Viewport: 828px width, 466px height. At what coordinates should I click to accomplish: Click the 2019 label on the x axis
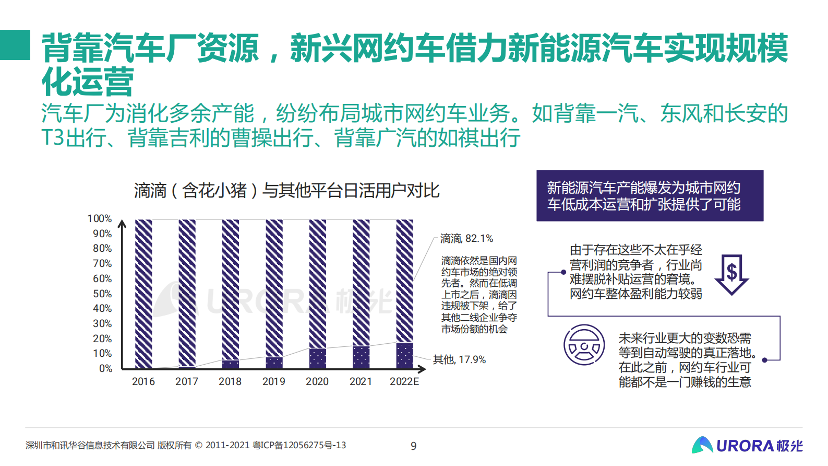(273, 381)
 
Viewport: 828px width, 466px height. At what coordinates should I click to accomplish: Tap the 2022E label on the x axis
(404, 381)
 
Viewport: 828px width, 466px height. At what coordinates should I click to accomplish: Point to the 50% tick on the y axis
(102, 294)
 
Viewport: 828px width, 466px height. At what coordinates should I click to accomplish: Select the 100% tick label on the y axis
(99, 218)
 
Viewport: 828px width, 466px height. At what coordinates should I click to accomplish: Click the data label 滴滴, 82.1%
(466, 239)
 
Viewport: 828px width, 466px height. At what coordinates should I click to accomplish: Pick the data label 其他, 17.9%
(459, 359)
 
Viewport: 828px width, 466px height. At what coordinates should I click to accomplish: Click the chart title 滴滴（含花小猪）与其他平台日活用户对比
(286, 191)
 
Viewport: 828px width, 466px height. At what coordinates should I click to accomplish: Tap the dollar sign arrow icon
(731, 274)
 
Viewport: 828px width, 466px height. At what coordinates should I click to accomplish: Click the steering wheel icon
(584, 345)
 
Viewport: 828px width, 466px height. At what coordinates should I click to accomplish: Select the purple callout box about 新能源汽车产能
(650, 195)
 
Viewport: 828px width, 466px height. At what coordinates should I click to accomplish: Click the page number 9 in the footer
(414, 446)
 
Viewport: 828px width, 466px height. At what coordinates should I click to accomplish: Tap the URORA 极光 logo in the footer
(747, 445)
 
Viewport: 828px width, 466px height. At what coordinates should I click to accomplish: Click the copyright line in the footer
(186, 445)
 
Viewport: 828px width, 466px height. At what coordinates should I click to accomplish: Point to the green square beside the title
(15, 44)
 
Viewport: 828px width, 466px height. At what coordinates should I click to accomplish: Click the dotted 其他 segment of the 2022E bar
(404, 355)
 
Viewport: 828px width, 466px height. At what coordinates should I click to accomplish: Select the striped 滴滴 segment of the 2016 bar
(143, 293)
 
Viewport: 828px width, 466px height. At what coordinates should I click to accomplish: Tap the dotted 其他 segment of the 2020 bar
(317, 358)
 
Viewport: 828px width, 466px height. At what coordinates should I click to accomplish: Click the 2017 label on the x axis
(187, 381)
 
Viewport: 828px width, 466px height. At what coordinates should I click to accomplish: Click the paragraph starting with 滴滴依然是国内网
(479, 295)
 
